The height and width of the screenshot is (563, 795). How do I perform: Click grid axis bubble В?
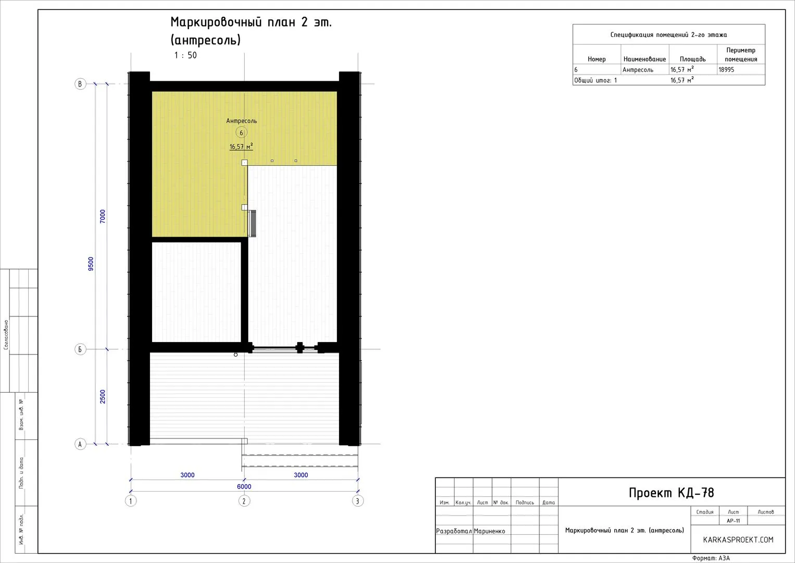80,84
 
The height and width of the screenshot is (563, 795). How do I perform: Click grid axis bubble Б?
80,349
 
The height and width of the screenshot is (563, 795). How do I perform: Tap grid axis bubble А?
80,444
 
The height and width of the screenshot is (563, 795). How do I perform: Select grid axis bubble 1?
131,501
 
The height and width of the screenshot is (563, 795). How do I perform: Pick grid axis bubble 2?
244,501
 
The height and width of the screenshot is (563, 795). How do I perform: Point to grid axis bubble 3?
358,501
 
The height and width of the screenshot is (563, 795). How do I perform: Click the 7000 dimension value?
103,216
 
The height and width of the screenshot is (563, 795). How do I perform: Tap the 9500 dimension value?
91,264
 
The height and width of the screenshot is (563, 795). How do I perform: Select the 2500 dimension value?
103,397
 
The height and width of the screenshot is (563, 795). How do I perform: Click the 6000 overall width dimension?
244,486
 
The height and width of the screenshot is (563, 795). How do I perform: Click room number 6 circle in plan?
242,133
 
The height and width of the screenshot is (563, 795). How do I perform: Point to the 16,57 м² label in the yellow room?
241,146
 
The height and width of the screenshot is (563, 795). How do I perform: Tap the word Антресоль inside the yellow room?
242,121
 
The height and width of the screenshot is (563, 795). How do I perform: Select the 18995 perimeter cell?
726,70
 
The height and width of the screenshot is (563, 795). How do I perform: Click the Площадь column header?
693,59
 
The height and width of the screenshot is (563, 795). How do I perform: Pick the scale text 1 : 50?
185,55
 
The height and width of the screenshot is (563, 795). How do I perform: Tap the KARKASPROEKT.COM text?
738,540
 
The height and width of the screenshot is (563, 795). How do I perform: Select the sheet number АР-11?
733,521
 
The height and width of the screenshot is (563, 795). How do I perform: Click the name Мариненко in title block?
489,531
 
